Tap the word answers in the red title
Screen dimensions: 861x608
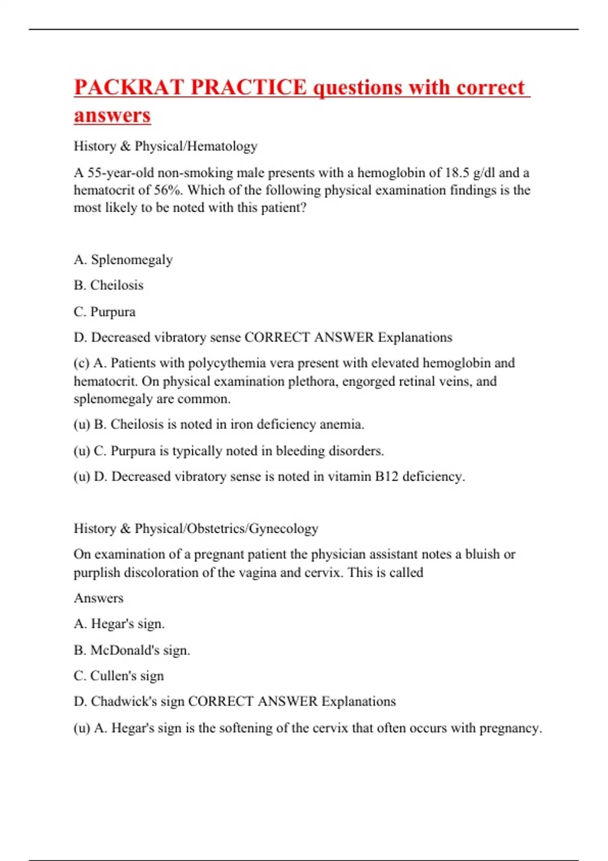[x=112, y=115]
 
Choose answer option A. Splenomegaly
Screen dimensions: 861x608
[x=123, y=260]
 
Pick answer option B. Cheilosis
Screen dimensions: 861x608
[x=108, y=285]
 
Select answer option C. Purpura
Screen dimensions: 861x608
[x=104, y=311]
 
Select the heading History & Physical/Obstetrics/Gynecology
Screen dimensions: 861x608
[x=196, y=529]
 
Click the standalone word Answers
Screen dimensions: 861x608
[x=98, y=598]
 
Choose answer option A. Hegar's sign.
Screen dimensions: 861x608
[x=119, y=624]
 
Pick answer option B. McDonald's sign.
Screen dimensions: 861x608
[x=132, y=650]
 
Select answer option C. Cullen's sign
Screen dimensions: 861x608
[x=119, y=676]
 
